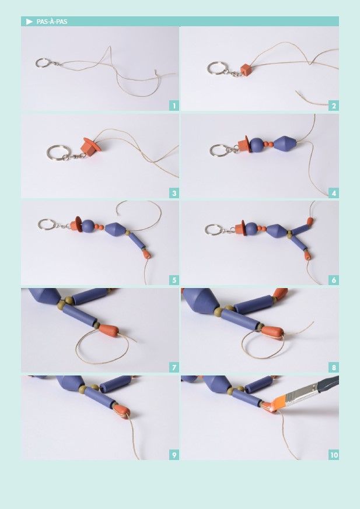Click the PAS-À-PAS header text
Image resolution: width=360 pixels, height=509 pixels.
click(x=52, y=22)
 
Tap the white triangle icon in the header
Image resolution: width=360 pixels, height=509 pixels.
click(x=30, y=22)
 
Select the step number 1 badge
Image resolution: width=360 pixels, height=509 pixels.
click(x=174, y=106)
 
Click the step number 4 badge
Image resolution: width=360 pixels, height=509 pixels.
click(x=334, y=193)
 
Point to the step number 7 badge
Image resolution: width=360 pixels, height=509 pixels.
click(x=174, y=367)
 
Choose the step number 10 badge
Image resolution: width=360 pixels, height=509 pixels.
click(x=334, y=455)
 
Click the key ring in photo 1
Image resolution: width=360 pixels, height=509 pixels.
click(x=43, y=63)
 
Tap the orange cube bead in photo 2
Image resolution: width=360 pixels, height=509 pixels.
click(x=246, y=70)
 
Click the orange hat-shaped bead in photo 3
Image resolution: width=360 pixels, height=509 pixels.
click(x=90, y=146)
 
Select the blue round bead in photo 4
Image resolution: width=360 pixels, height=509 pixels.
click(x=257, y=145)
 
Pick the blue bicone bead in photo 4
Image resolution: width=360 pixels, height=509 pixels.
click(x=285, y=143)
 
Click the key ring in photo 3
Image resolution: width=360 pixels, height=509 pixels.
click(x=58, y=153)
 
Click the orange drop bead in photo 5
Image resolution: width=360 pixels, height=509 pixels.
click(x=146, y=254)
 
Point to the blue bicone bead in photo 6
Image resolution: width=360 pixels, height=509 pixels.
click(x=277, y=231)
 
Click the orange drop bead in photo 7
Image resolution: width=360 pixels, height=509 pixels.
click(x=109, y=331)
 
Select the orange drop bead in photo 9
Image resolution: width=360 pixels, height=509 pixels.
click(x=121, y=411)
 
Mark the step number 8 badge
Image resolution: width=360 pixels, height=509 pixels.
click(x=334, y=367)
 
